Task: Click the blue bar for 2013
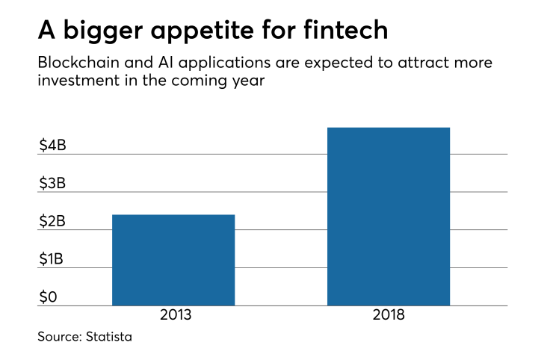pos(173,260)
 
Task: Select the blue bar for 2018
pos(389,217)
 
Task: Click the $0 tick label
pos(49,297)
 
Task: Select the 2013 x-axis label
pos(175,315)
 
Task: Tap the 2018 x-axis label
pos(389,315)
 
